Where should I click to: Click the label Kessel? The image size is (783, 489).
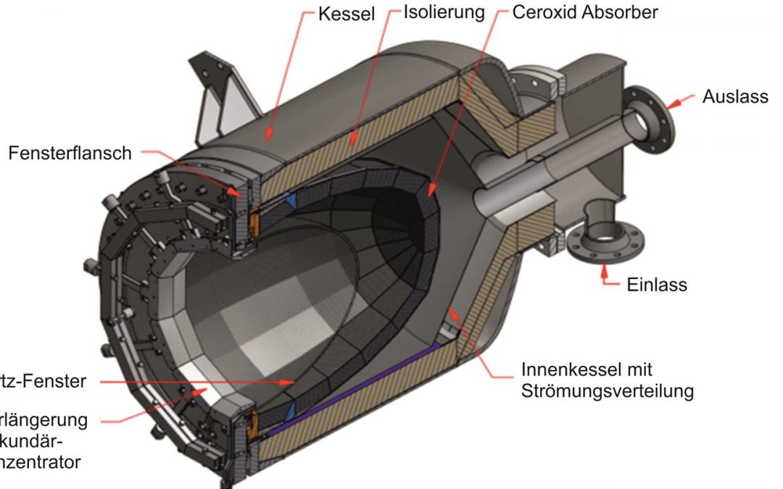(x=347, y=14)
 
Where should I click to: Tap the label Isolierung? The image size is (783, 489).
(x=444, y=13)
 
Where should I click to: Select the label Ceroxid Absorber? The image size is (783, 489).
(x=585, y=13)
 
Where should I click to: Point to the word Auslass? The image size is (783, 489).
(x=734, y=96)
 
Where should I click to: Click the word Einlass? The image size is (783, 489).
(x=656, y=284)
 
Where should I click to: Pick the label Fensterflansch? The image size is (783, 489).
(x=70, y=153)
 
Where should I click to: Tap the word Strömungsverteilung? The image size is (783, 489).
(x=608, y=391)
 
